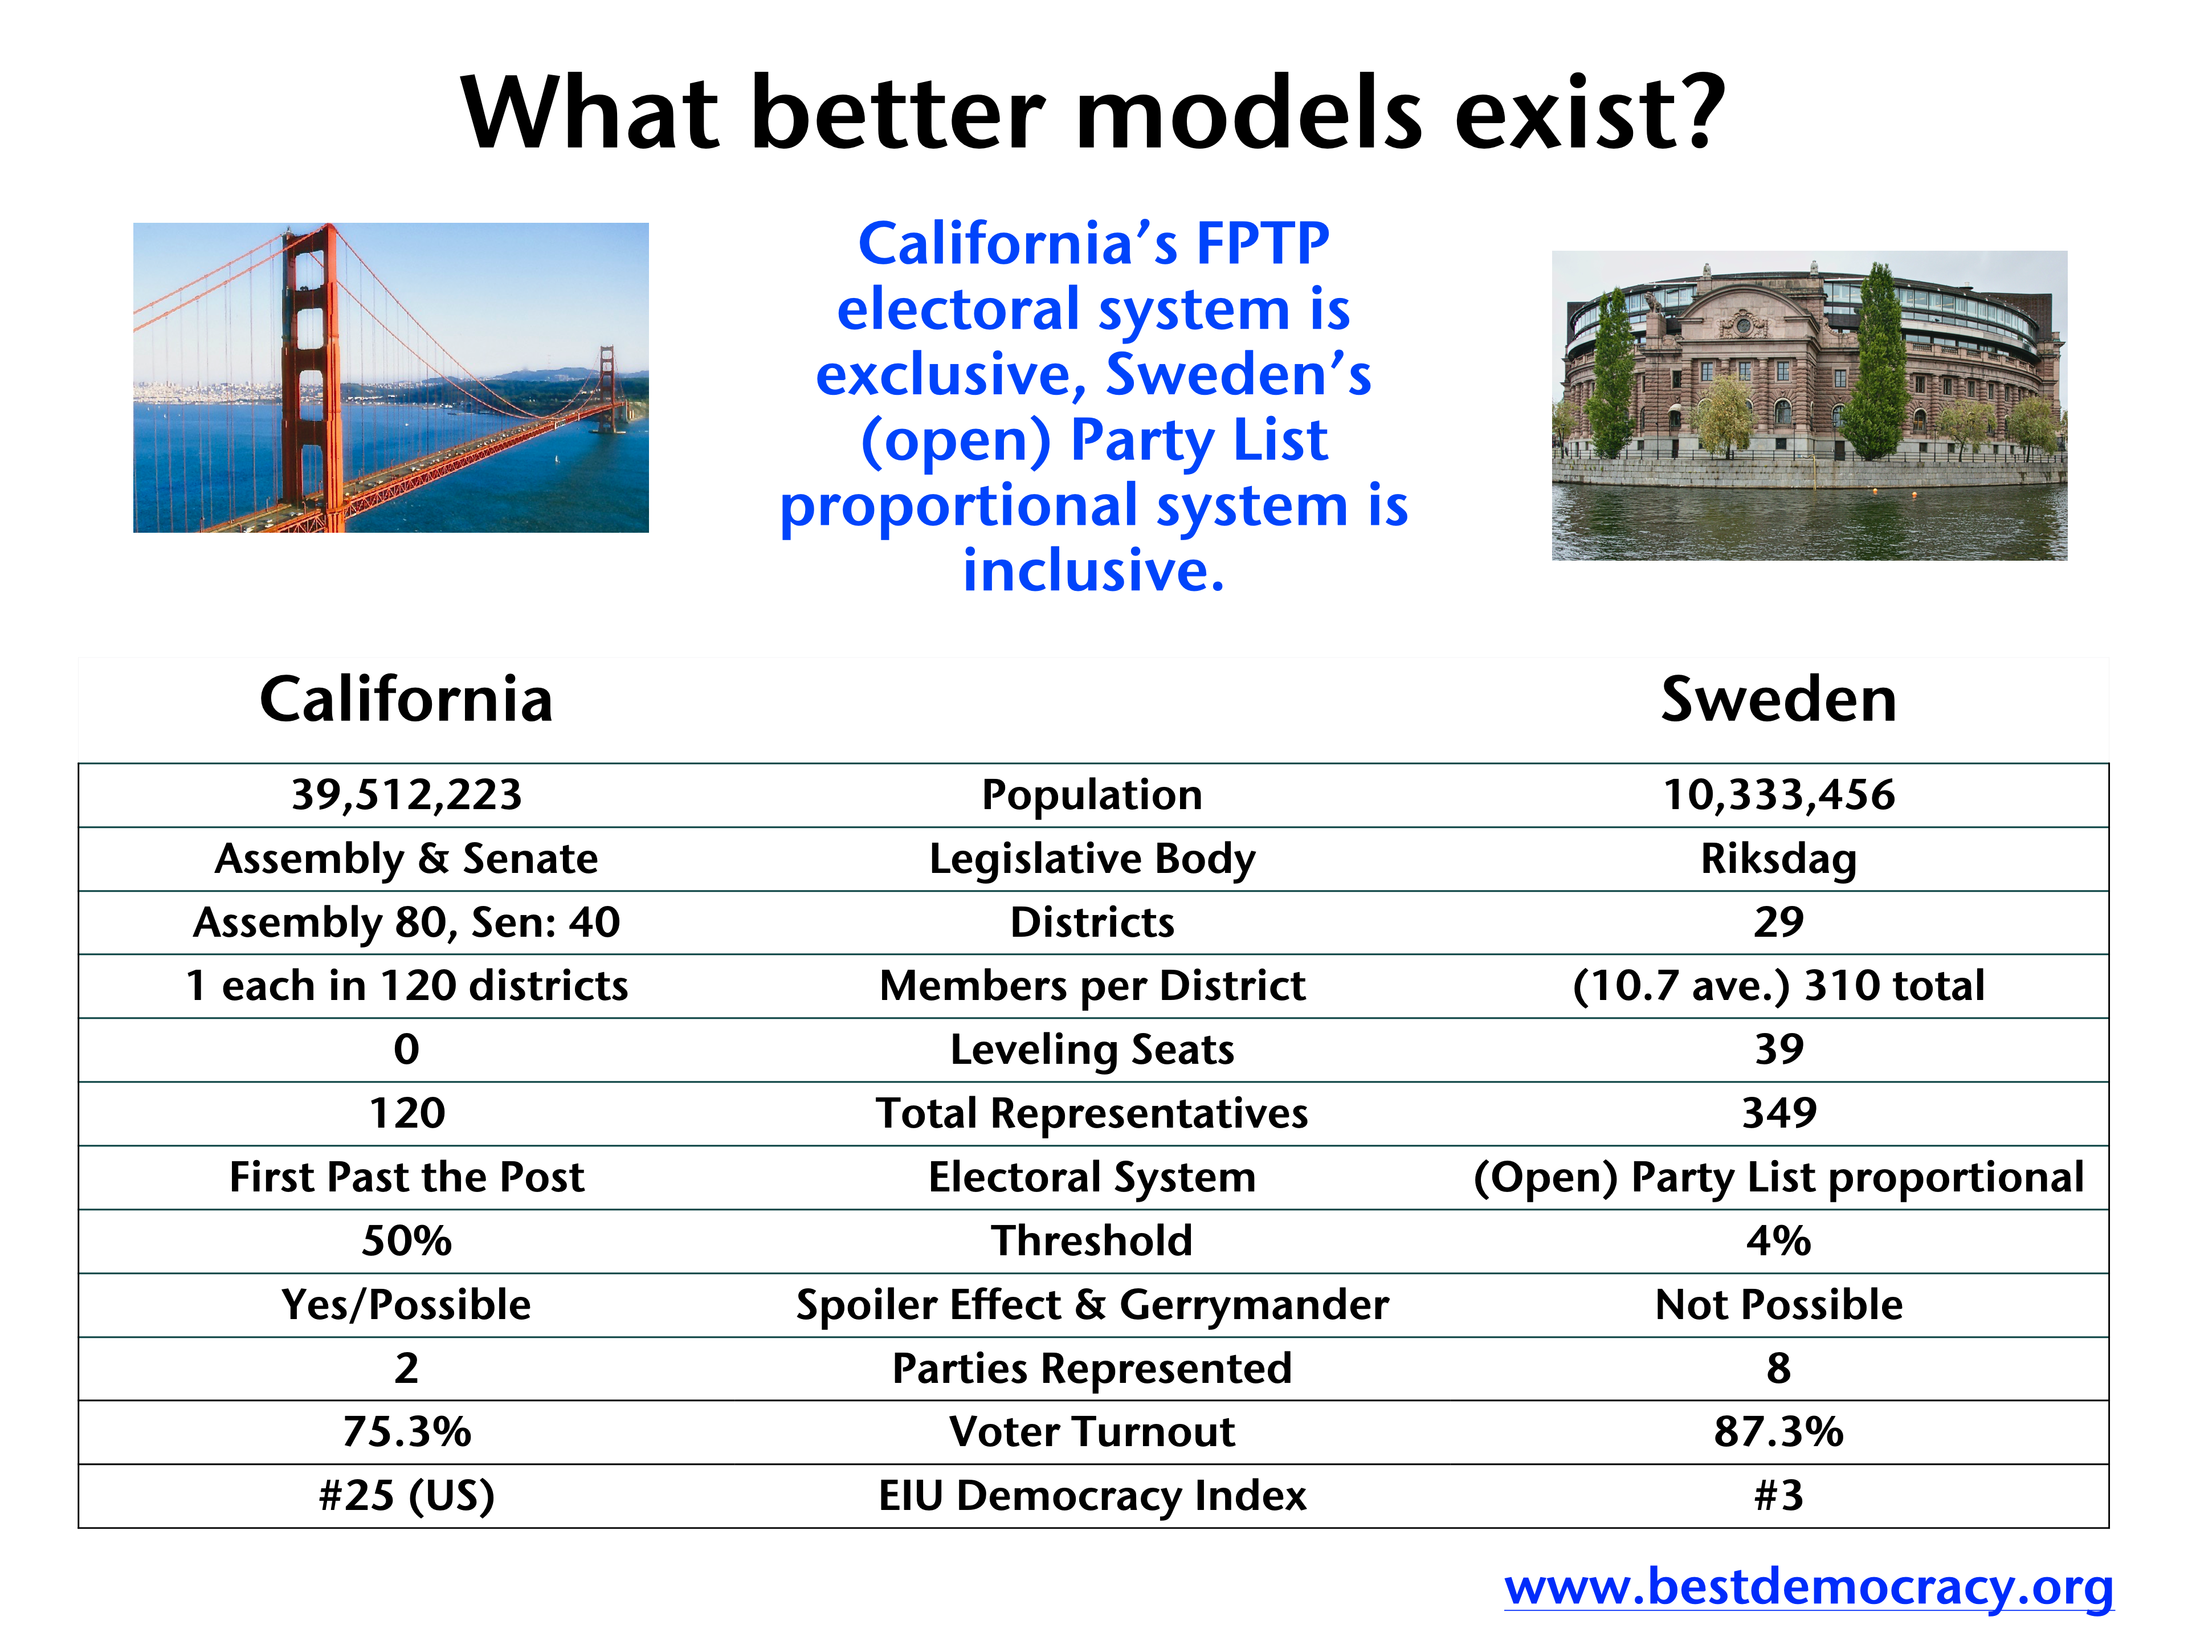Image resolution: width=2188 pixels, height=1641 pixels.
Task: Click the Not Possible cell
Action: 1778,1305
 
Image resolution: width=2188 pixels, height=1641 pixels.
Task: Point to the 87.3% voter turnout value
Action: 1778,1432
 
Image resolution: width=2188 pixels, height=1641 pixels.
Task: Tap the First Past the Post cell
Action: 406,1177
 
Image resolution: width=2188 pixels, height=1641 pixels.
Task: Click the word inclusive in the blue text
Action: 1093,571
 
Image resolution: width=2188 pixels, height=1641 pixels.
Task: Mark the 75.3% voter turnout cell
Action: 406,1432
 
